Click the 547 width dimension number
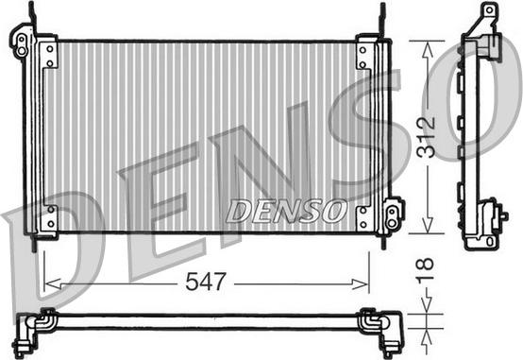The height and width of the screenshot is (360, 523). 206,282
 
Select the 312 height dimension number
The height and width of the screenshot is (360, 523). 427,137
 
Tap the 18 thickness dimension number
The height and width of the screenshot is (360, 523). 426,268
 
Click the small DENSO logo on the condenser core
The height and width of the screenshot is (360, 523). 285,211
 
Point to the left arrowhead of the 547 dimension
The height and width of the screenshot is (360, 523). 53,284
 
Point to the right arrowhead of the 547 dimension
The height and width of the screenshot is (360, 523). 361,284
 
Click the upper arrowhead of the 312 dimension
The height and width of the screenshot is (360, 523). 428,49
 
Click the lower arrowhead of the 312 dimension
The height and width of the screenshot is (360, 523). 428,225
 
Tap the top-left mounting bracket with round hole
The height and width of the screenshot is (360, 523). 21,43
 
